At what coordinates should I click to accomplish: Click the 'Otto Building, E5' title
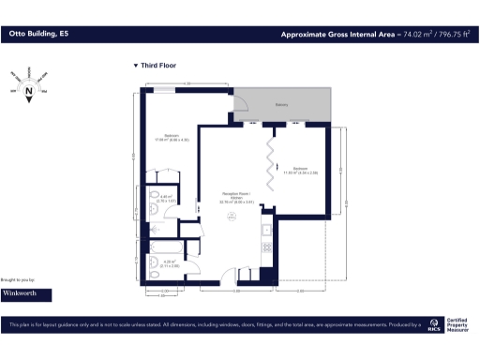click(x=38, y=34)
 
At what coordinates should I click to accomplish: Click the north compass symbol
click(x=29, y=92)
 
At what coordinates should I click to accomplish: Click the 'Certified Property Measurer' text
click(x=459, y=324)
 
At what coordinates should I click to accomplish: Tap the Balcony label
click(x=280, y=105)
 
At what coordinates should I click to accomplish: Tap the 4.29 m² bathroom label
click(x=170, y=263)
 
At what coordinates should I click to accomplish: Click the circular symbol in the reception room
click(x=232, y=217)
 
